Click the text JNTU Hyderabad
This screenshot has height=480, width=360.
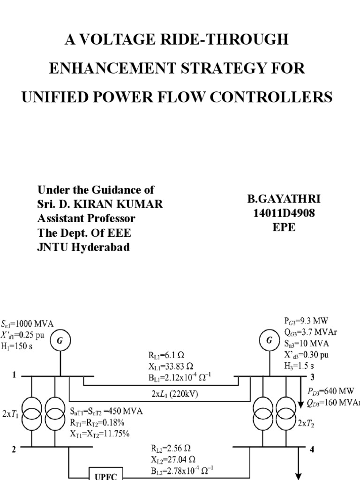(83, 248)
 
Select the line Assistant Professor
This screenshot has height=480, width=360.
(86, 218)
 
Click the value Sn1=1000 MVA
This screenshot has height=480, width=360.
(27, 323)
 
